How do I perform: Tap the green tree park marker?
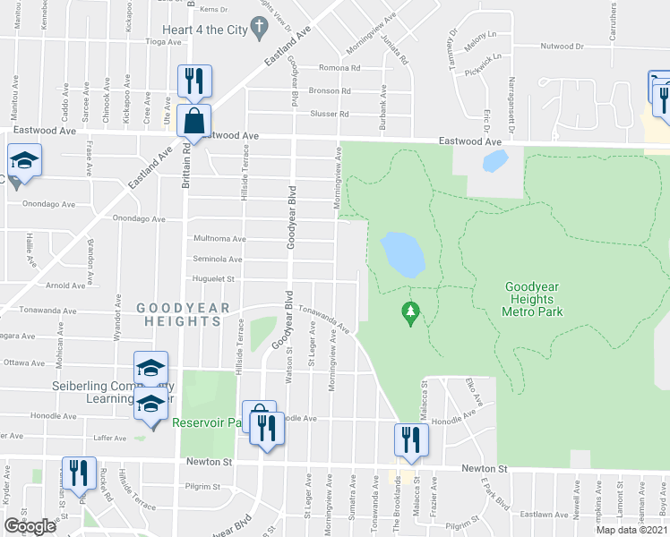click(411, 312)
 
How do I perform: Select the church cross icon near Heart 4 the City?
click(259, 29)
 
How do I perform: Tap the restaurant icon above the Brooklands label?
click(411, 439)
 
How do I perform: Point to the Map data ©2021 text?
click(631, 530)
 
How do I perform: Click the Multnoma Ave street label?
click(219, 239)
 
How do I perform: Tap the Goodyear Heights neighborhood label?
click(183, 316)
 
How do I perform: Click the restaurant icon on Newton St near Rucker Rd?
click(78, 474)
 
